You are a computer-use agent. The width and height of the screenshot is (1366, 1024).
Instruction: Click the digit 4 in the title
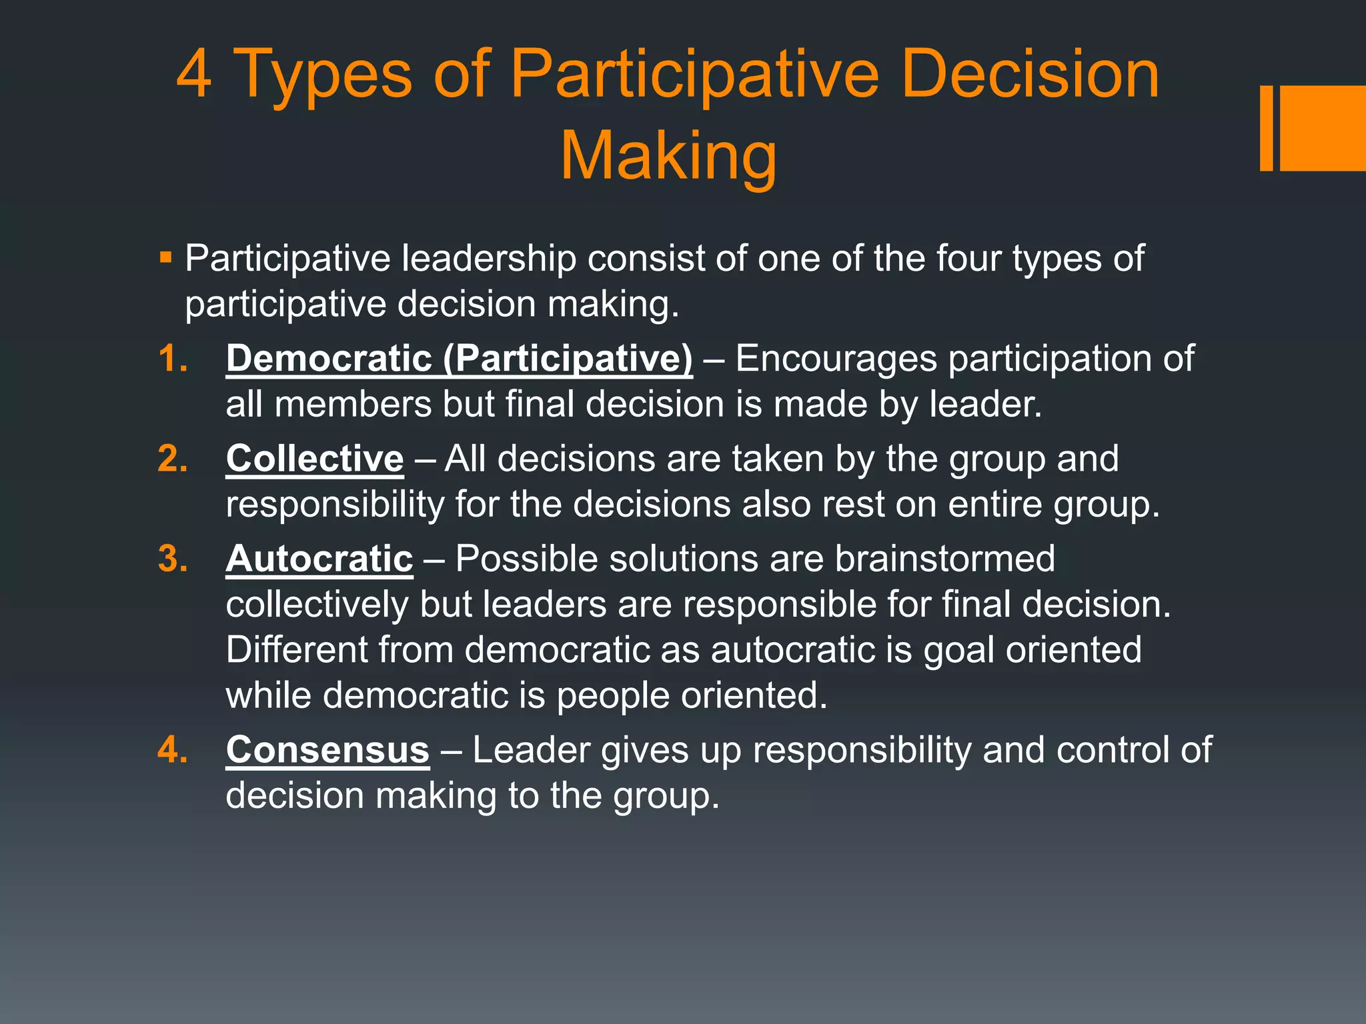pyautogui.click(x=194, y=74)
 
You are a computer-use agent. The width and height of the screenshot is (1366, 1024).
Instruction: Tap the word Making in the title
pyautogui.click(x=668, y=157)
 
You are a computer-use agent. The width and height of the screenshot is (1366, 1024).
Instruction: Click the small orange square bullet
pyautogui.click(x=166, y=257)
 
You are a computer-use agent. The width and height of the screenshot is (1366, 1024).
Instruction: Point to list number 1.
pyautogui.click(x=172, y=359)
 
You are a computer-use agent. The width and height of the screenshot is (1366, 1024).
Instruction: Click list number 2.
pyautogui.click(x=172, y=459)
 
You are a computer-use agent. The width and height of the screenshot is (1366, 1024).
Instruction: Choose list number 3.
pyautogui.click(x=172, y=559)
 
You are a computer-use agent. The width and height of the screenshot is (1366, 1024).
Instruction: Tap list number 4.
pyautogui.click(x=172, y=751)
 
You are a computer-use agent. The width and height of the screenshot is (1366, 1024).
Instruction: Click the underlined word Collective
pyautogui.click(x=315, y=459)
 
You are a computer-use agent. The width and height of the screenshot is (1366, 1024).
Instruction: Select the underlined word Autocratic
pyautogui.click(x=319, y=559)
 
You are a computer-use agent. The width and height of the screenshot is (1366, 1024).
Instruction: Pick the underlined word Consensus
pyautogui.click(x=327, y=750)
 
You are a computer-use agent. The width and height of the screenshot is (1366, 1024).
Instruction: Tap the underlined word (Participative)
pyautogui.click(x=568, y=359)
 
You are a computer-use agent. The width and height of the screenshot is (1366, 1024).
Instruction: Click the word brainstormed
pyautogui.click(x=944, y=559)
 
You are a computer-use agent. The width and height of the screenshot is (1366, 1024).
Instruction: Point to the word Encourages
pyautogui.click(x=836, y=359)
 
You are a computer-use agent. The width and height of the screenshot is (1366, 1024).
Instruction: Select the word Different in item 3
pyautogui.click(x=296, y=650)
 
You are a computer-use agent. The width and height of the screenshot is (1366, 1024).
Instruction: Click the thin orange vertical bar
pyautogui.click(x=1266, y=128)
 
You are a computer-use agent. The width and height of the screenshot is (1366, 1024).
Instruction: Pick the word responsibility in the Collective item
pyautogui.click(x=335, y=505)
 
